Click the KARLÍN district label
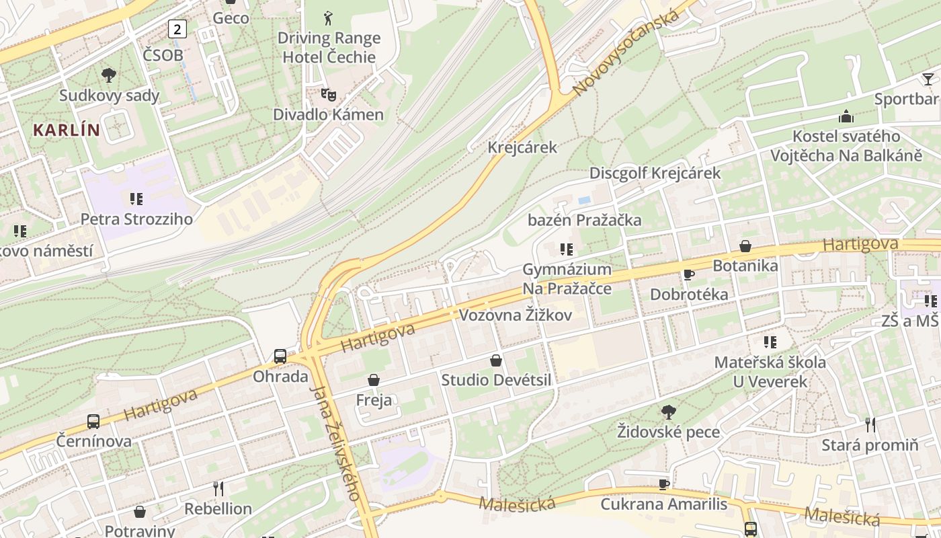click(66, 130)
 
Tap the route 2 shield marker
click(177, 28)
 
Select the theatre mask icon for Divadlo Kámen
click(328, 95)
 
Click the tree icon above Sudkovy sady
click(108, 75)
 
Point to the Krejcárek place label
click(522, 147)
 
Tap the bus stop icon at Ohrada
click(280, 356)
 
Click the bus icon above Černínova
click(93, 422)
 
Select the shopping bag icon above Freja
click(374, 381)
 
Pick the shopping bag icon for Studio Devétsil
click(496, 360)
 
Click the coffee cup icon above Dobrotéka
click(688, 274)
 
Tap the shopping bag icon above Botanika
click(745, 246)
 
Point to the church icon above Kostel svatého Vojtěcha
click(846, 116)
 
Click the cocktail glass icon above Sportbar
click(928, 79)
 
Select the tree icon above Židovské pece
click(668, 412)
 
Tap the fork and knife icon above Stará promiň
click(870, 425)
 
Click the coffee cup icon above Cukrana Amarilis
click(664, 484)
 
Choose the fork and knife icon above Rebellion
click(218, 488)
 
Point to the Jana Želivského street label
click(335, 443)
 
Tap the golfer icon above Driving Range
click(328, 17)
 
